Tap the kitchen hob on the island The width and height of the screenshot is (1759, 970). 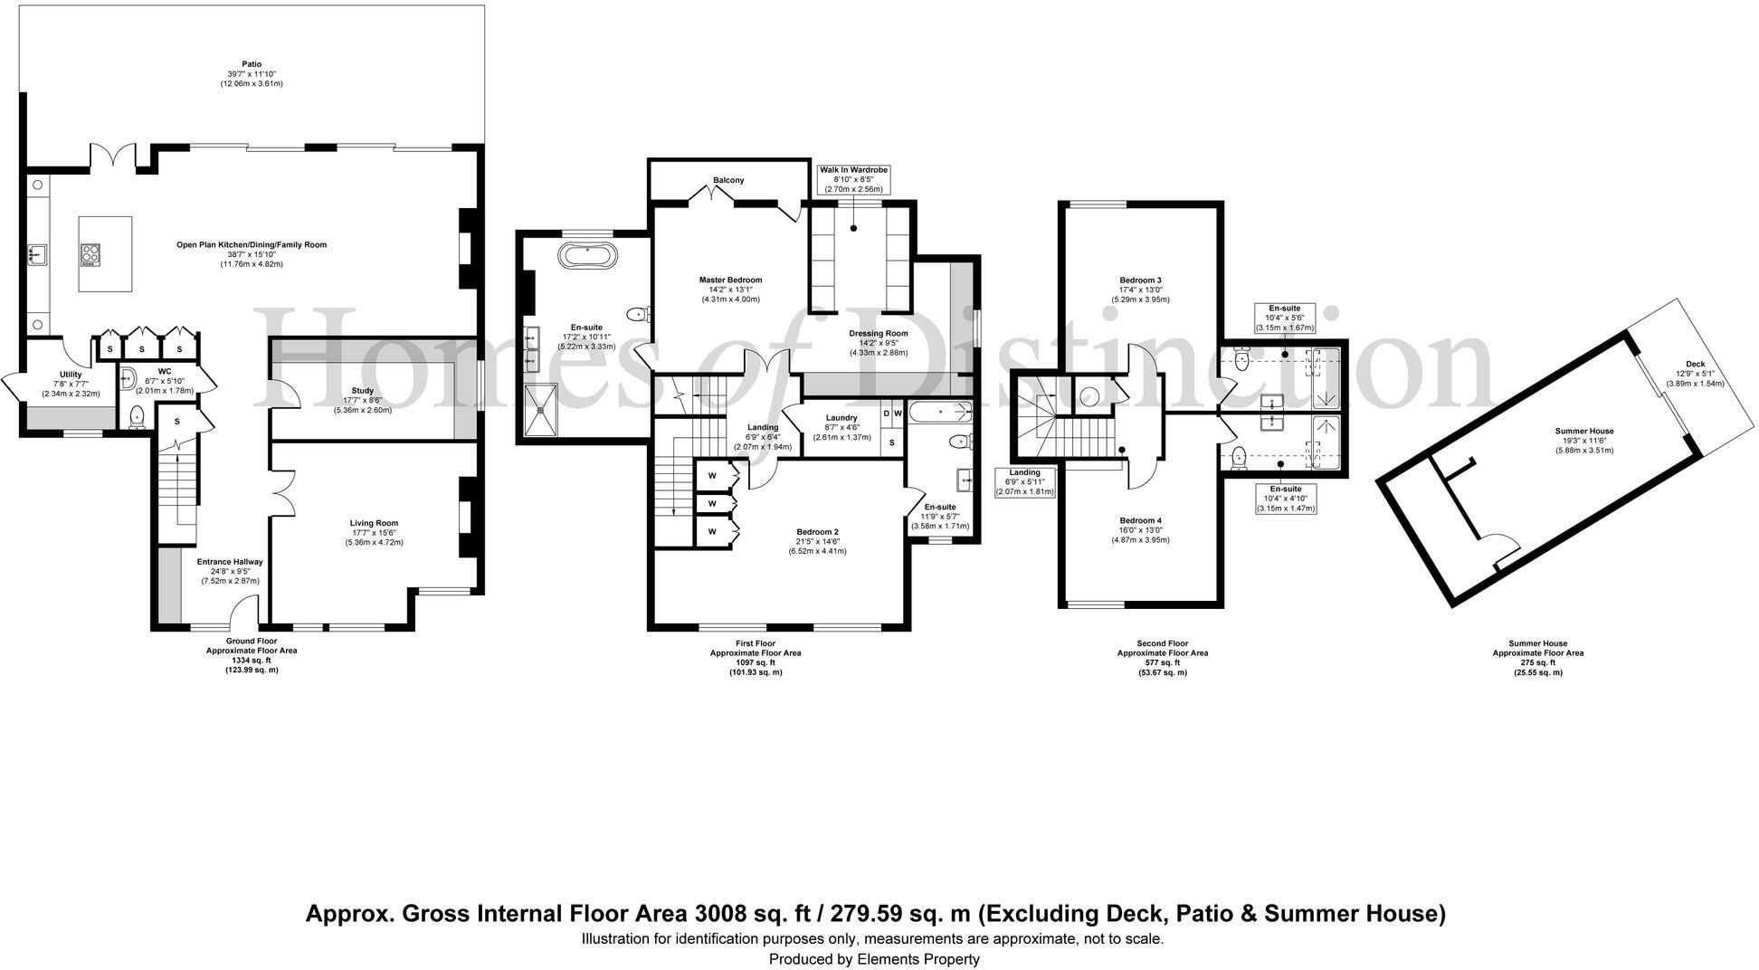point(90,256)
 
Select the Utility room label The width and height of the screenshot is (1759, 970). point(71,375)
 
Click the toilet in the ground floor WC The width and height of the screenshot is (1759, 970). point(137,416)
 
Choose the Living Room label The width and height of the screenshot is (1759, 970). point(374,523)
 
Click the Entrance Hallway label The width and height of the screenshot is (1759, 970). point(230,562)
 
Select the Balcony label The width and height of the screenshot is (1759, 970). point(728,180)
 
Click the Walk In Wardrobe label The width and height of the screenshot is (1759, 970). point(854,170)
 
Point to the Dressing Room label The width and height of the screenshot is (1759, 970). point(878,333)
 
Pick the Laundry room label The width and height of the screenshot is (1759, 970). point(841,418)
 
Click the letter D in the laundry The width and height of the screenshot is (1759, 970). point(886,414)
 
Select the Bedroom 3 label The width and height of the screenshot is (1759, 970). point(1140,281)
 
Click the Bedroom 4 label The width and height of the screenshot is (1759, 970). point(1140,520)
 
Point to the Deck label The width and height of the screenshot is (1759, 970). point(1696,364)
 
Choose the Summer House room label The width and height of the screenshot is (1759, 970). point(1584,431)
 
